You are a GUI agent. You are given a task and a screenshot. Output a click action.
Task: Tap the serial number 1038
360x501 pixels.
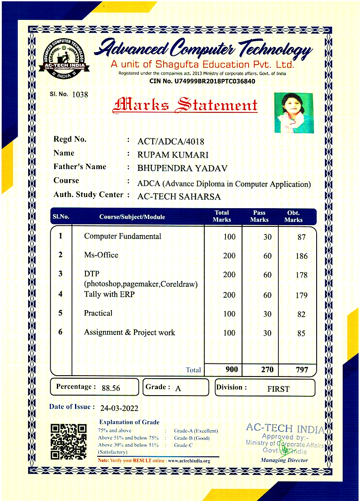80,94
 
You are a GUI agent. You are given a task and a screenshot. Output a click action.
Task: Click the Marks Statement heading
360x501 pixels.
185,105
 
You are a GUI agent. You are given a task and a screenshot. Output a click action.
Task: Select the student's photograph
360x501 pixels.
294,113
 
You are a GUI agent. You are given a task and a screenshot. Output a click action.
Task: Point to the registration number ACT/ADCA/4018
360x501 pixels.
170,141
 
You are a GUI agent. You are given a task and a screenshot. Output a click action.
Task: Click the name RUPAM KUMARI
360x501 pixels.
173,155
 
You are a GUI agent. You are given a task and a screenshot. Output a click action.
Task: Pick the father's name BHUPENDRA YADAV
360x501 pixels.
182,168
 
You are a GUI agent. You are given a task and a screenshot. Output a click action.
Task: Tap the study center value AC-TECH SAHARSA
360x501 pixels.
179,196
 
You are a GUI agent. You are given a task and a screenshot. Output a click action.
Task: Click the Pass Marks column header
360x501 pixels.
259,216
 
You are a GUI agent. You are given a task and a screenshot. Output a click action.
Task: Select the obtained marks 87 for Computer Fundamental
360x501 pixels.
301,237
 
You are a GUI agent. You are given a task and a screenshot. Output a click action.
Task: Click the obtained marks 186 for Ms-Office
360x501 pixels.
301,256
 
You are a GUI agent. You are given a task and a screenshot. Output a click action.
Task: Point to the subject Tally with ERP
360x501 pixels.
109,294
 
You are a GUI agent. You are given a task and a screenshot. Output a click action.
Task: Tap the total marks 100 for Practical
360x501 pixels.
229,314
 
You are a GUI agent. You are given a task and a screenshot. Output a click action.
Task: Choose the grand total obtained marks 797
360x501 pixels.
301,370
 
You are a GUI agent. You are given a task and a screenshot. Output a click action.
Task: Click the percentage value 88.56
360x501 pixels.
111,388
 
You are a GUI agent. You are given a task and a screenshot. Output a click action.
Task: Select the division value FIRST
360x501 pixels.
278,389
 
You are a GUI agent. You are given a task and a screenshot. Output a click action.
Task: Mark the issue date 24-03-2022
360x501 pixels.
119,408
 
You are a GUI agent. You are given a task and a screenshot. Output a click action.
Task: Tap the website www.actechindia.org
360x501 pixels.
189,461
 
